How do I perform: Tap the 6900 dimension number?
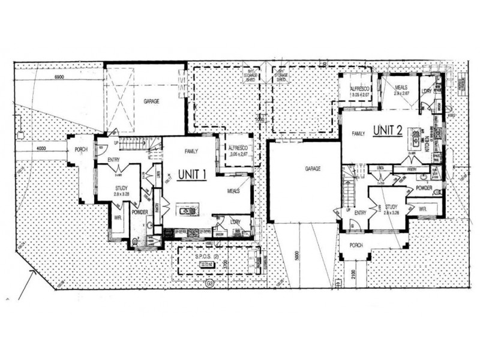tap(58, 79)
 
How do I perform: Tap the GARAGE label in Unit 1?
tap(151, 101)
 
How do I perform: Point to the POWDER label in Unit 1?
tap(139, 212)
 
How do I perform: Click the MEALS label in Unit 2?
tap(401, 88)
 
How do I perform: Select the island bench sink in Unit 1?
tap(186, 211)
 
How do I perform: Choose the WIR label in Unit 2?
tap(422, 209)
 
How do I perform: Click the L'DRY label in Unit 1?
tap(235, 223)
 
